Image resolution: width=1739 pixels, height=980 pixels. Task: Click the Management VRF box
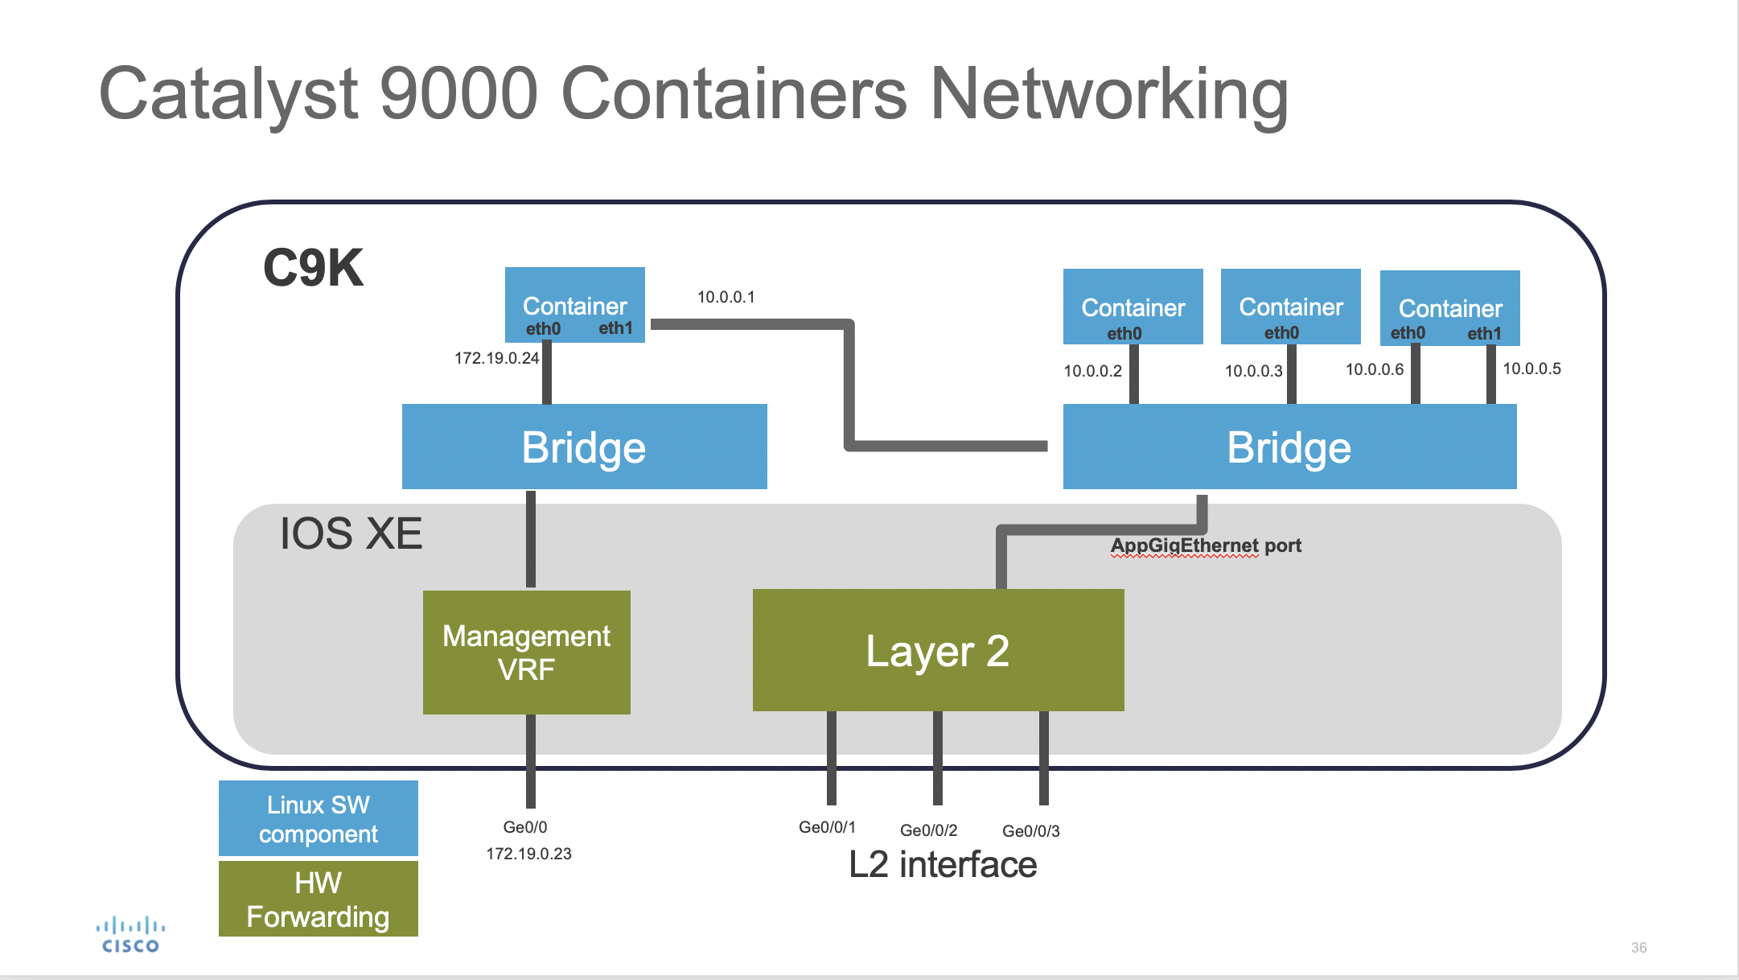tap(526, 652)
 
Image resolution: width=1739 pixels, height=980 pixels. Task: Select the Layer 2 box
tap(938, 650)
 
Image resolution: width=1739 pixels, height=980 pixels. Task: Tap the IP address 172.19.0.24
tap(496, 358)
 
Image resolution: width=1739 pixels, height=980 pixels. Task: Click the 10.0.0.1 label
tap(726, 297)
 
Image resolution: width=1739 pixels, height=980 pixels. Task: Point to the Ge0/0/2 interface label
tap(928, 830)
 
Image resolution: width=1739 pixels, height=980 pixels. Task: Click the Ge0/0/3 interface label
tap(1030, 831)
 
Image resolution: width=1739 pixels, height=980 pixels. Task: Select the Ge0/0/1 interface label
tap(827, 827)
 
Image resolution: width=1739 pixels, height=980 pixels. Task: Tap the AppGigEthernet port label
tap(1206, 546)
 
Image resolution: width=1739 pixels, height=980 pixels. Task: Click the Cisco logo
tap(130, 936)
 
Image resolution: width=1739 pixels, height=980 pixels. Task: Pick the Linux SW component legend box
tap(319, 818)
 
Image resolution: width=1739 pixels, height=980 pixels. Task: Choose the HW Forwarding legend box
tap(319, 899)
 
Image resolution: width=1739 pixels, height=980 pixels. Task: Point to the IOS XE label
tap(351, 533)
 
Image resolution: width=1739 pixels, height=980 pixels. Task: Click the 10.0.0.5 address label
tap(1531, 369)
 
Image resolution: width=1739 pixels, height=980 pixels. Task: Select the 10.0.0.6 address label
tap(1374, 369)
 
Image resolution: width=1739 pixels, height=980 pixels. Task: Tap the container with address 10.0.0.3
tap(1290, 307)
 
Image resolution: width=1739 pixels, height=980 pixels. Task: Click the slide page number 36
tap(1638, 948)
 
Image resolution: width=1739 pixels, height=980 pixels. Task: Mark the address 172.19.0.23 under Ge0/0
tap(528, 854)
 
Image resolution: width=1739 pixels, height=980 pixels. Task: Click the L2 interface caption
tap(943, 865)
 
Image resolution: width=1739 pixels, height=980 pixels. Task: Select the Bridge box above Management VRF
tap(584, 447)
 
